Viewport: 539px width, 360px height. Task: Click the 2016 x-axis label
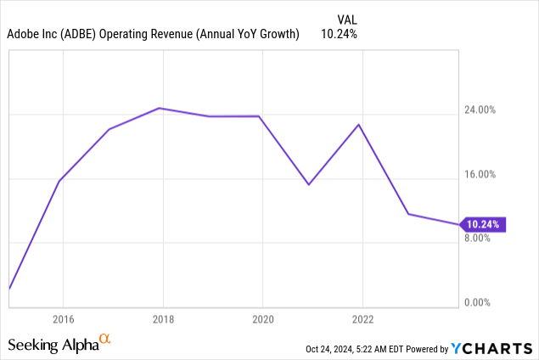(62, 320)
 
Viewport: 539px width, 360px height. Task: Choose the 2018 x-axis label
(162, 320)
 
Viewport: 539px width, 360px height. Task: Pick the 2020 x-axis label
(262, 320)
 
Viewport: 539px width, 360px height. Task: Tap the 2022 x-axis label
(362, 320)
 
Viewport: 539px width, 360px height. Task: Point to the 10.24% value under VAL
(339, 34)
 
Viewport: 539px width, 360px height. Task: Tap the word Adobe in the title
(24, 34)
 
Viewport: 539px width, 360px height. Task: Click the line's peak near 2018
(160, 108)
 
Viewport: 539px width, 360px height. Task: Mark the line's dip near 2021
(309, 184)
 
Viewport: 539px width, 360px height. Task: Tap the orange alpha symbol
(105, 340)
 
